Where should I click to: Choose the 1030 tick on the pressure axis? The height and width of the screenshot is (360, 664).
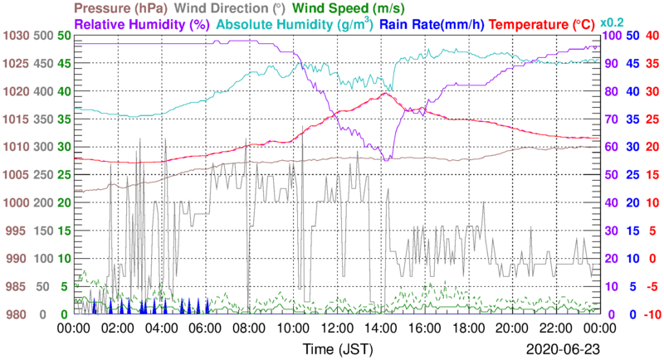point(15,36)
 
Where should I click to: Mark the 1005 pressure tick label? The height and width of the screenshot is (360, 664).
point(15,175)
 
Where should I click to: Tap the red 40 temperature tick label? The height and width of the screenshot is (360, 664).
point(652,36)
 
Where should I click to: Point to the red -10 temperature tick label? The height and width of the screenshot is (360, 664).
point(651,314)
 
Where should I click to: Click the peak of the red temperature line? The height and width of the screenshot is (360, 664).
point(383,93)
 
